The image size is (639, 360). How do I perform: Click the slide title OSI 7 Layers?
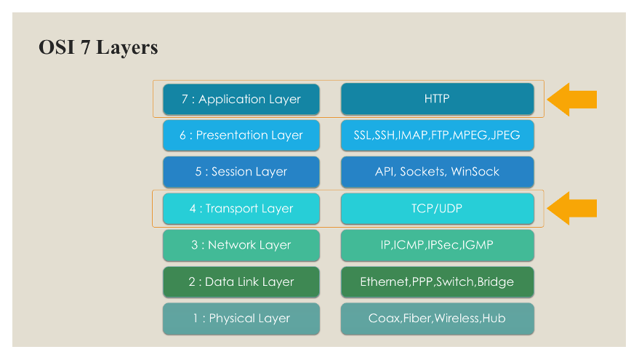click(98, 48)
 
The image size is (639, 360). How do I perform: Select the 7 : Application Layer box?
click(241, 99)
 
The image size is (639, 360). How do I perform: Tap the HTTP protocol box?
click(438, 99)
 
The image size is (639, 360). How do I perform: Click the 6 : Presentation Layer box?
click(241, 135)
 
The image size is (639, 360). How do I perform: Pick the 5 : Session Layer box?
click(241, 172)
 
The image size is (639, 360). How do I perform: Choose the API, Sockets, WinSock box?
click(438, 172)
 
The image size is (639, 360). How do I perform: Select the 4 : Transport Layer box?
click(241, 208)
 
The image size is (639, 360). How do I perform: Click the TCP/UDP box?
click(438, 208)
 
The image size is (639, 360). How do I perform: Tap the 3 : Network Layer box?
click(241, 245)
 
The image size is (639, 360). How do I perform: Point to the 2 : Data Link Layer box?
click(241, 281)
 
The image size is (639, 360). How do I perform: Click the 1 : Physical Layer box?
click(241, 319)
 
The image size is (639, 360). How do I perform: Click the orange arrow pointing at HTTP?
click(571, 100)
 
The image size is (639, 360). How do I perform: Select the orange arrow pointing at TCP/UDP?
click(571, 208)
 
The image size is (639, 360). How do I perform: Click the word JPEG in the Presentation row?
click(505, 135)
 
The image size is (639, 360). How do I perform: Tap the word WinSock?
click(475, 172)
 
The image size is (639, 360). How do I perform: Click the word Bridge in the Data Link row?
click(496, 282)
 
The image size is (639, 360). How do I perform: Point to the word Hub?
click(494, 318)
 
